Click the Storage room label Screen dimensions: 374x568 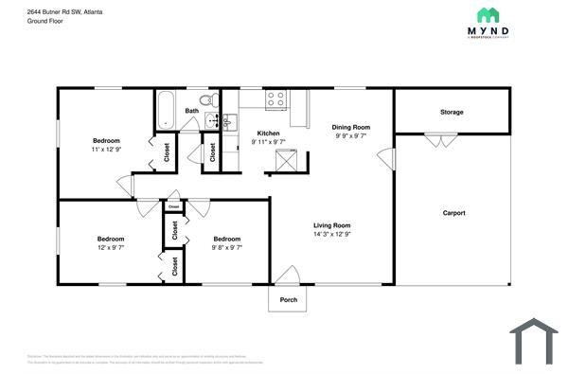point(452,113)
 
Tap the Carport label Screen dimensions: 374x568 point(454,213)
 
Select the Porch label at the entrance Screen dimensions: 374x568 point(289,300)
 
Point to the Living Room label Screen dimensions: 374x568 point(332,224)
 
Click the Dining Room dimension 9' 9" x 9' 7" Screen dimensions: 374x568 point(350,135)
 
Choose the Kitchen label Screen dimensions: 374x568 point(268,134)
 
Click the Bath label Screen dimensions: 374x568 point(192,111)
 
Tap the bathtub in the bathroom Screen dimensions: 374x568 point(166,109)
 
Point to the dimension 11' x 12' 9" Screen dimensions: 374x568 point(106,150)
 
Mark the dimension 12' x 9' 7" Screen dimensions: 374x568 point(110,247)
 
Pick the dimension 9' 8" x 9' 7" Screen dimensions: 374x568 point(227,247)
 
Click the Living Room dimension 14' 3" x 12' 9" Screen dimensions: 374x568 point(332,234)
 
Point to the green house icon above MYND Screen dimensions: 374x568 point(488,14)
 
